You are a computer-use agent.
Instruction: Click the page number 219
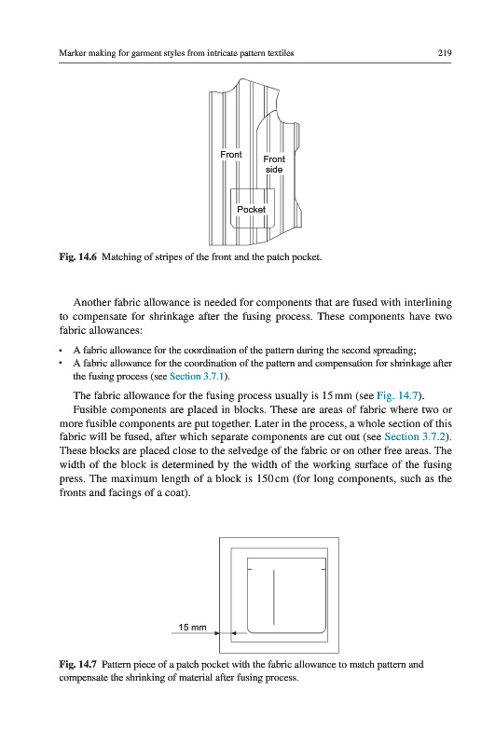(444, 53)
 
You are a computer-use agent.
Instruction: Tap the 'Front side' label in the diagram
(274, 164)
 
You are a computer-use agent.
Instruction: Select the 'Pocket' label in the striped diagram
(251, 209)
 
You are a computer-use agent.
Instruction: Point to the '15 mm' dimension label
(192, 627)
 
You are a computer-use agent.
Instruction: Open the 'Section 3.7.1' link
(197, 377)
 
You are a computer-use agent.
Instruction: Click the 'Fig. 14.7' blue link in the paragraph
(397, 395)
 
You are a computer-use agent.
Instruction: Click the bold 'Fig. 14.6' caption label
(78, 257)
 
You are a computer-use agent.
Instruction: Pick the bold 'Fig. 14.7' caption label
(78, 664)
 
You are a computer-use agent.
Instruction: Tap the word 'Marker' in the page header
(72, 53)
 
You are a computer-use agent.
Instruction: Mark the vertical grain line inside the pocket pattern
(273, 597)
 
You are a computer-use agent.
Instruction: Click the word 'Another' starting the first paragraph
(91, 302)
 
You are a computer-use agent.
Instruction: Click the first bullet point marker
(61, 352)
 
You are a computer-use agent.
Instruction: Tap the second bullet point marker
(61, 364)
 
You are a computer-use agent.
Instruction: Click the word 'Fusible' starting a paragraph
(89, 409)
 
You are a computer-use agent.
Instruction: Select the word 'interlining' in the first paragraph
(428, 302)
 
